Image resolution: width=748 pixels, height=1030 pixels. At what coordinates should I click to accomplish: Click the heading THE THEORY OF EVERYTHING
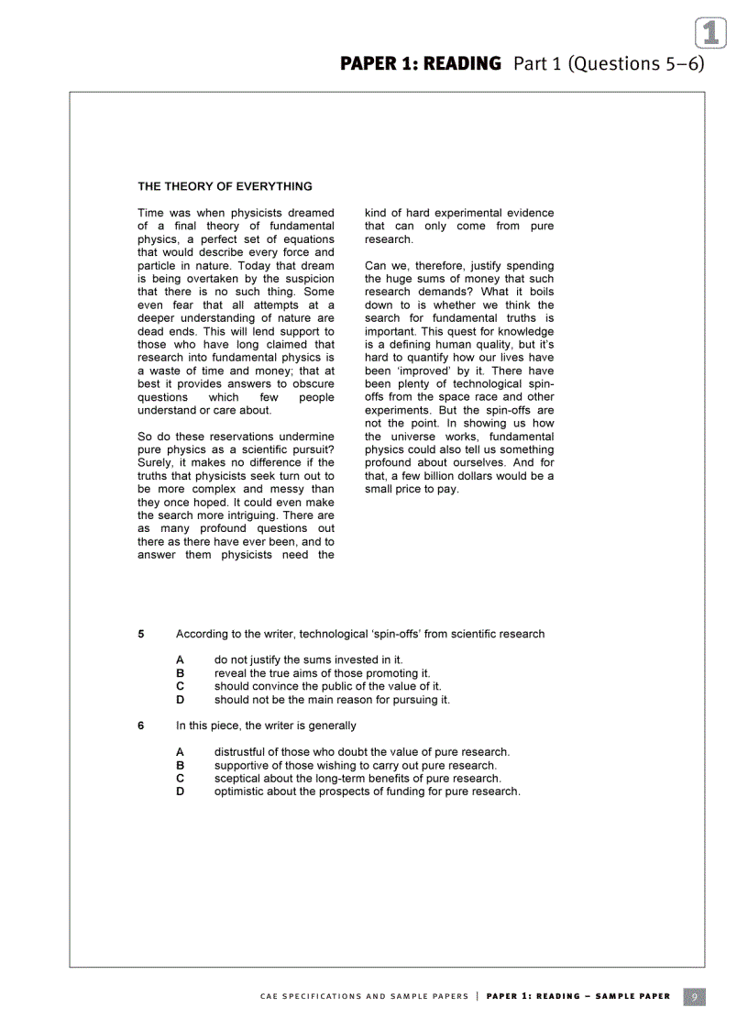tap(225, 186)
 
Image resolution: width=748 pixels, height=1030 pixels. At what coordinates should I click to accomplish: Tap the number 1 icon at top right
tap(710, 33)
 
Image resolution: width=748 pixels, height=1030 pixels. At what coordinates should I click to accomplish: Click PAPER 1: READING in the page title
tap(421, 63)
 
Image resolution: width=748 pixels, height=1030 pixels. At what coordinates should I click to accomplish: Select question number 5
tap(141, 634)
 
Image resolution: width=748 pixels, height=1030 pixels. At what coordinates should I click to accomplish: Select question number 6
tap(141, 725)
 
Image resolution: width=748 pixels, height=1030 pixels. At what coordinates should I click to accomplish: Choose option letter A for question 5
tap(181, 659)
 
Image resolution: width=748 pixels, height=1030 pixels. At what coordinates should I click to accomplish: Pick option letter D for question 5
tap(181, 700)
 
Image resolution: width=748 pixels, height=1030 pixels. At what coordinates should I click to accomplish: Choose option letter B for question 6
tap(181, 765)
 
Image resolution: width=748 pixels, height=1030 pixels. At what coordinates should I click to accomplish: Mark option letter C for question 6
tap(181, 778)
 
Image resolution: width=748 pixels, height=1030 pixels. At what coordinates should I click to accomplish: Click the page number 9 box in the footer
tap(694, 996)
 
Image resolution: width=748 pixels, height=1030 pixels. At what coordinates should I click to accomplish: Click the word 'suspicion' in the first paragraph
tap(308, 279)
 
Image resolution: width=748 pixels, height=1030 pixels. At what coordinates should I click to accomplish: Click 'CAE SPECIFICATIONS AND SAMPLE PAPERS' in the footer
tap(364, 996)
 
